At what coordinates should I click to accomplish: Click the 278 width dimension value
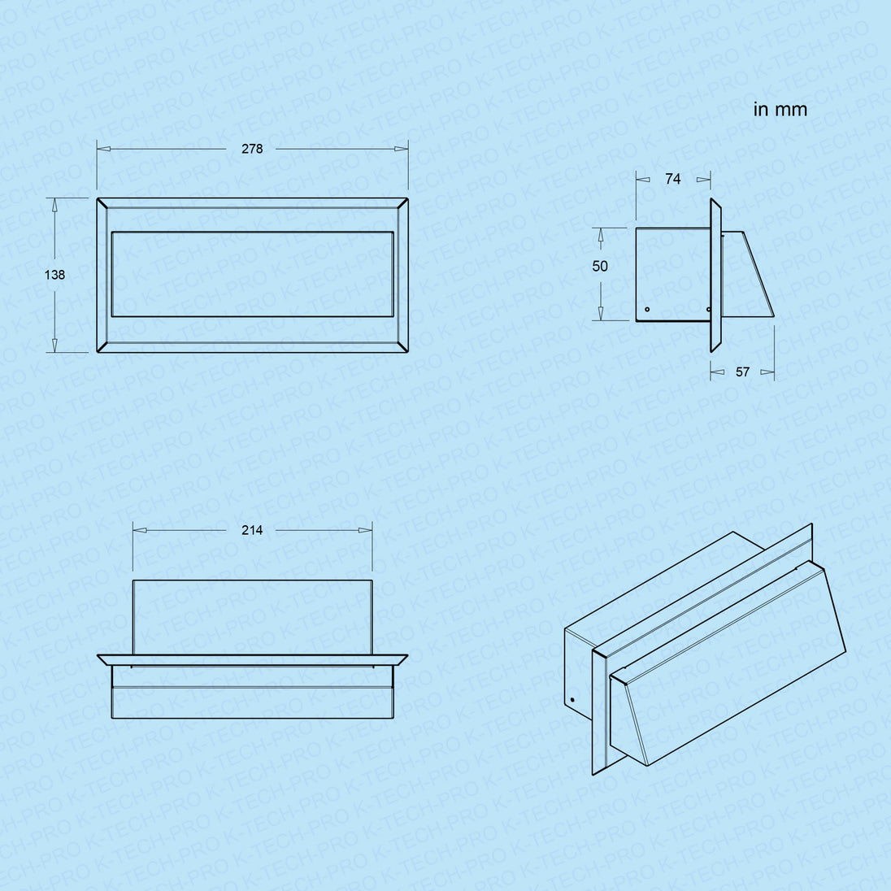[x=252, y=149]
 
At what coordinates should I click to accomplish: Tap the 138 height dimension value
[x=54, y=275]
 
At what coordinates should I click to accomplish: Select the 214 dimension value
[x=252, y=530]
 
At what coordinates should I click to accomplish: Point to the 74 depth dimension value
[x=673, y=179]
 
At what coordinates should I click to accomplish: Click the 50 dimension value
[x=600, y=266]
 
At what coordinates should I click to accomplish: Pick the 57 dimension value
[x=743, y=372]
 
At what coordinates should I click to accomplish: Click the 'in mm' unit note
[x=780, y=109]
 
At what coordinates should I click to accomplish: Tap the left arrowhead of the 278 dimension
[x=104, y=149]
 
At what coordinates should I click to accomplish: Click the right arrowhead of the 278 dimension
[x=401, y=149]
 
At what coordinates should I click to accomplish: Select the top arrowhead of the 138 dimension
[x=54, y=205]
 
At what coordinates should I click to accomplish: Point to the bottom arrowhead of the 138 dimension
[x=54, y=346]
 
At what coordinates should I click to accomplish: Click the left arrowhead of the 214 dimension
[x=140, y=530]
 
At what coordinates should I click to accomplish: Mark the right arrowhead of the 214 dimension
[x=365, y=530]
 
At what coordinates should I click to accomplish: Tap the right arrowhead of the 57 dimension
[x=767, y=372]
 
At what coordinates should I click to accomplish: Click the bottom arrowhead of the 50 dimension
[x=601, y=314]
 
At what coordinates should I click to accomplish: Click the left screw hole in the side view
[x=647, y=310]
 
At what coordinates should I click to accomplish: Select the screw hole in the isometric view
[x=572, y=699]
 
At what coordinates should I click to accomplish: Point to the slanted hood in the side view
[x=746, y=274]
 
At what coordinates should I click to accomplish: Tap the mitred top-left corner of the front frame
[x=102, y=203]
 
